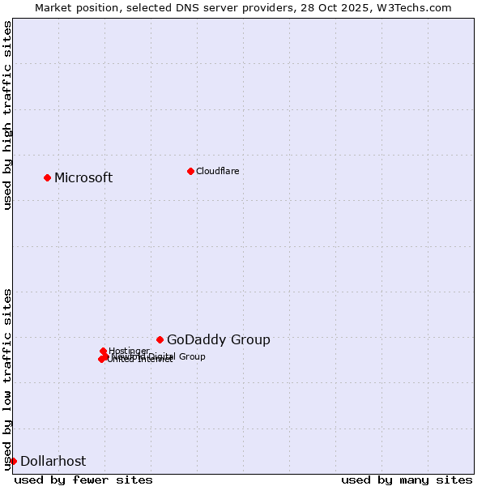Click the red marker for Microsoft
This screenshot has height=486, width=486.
point(47,177)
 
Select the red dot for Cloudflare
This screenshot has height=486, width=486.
point(190,171)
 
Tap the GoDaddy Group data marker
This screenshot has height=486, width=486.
point(160,339)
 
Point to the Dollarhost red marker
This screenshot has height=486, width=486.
point(13,461)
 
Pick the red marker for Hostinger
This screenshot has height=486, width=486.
point(103,351)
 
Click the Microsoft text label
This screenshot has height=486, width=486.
point(83,178)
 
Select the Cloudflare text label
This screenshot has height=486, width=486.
point(217,171)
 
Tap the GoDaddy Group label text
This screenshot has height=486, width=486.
point(219,340)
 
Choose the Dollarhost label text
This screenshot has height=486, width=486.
point(53,462)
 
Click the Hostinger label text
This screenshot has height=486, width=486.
point(129,351)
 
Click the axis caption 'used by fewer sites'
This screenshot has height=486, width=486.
point(83,480)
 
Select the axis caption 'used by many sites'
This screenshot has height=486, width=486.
point(407,480)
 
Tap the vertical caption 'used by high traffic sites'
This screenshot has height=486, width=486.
point(7,115)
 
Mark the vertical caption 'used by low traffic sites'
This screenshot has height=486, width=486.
point(7,379)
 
